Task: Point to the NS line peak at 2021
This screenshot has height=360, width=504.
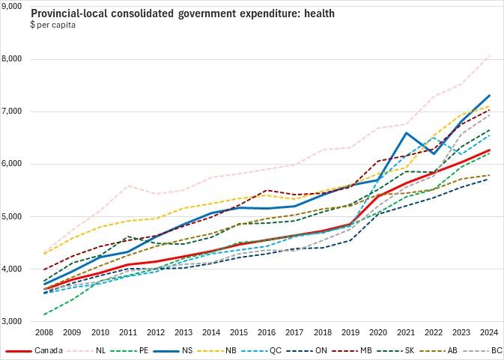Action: point(406,133)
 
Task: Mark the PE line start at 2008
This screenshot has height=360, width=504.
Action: point(45,314)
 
